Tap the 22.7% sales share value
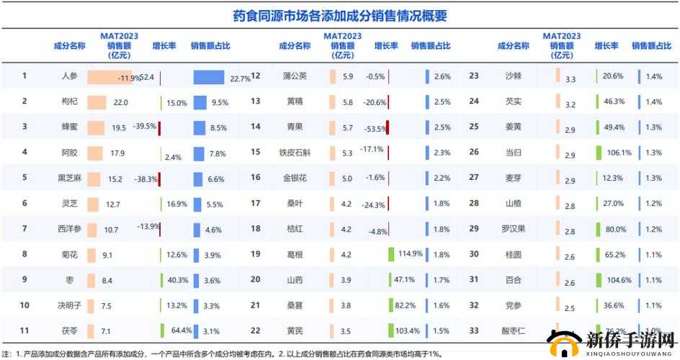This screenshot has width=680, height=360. click(x=240, y=78)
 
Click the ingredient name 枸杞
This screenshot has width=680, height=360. click(x=70, y=102)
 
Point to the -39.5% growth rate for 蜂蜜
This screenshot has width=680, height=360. click(x=144, y=127)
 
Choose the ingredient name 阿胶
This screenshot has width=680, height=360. click(x=70, y=153)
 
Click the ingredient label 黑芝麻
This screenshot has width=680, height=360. click(x=70, y=178)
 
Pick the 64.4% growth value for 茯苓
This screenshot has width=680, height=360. click(x=181, y=330)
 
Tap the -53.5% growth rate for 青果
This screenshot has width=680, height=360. click(x=375, y=128)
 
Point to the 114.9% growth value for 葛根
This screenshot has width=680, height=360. click(x=409, y=253)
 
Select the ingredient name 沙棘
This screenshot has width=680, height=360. click(x=514, y=76)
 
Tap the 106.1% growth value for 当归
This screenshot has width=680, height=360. click(x=619, y=153)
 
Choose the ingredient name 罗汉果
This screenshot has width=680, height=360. click(x=514, y=229)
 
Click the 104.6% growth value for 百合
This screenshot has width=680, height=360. click(x=619, y=280)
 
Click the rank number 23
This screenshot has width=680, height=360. click(x=474, y=76)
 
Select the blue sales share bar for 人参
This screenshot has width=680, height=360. click(x=209, y=76)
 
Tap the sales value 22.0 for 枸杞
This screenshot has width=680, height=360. click(x=120, y=102)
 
